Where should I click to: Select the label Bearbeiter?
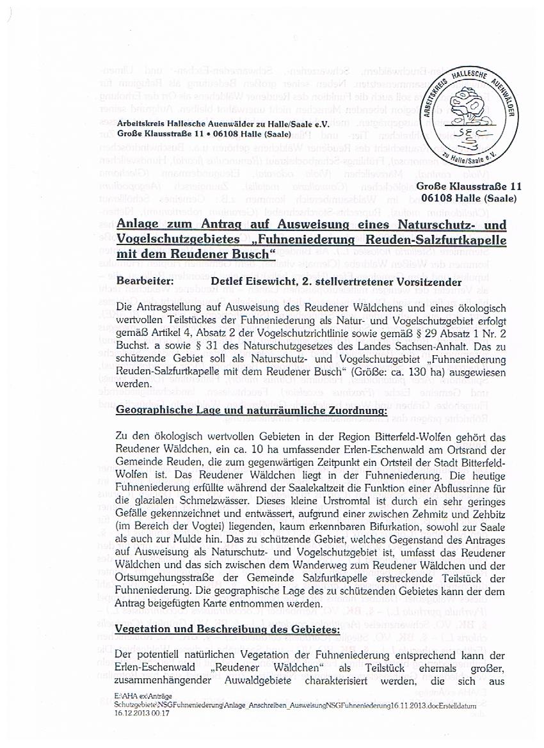[145, 281]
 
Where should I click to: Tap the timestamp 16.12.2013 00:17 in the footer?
[142, 713]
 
